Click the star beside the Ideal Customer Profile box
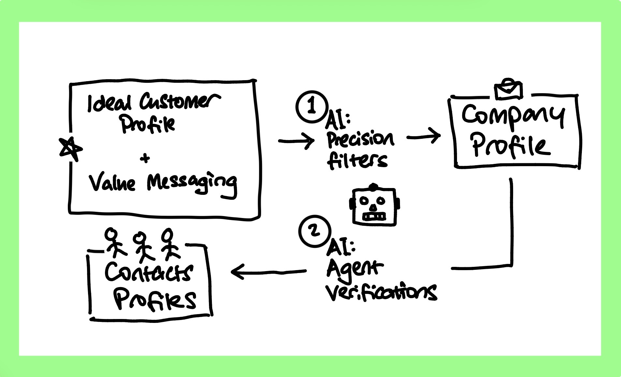point(70,149)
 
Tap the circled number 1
point(312,107)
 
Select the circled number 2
point(314,231)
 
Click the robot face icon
point(374,206)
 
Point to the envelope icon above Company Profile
point(509,89)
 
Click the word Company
point(512,115)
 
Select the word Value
point(112,183)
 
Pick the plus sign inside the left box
point(145,159)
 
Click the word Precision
point(361,139)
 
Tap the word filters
point(357,160)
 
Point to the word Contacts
point(149,272)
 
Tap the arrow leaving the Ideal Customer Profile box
point(296,141)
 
